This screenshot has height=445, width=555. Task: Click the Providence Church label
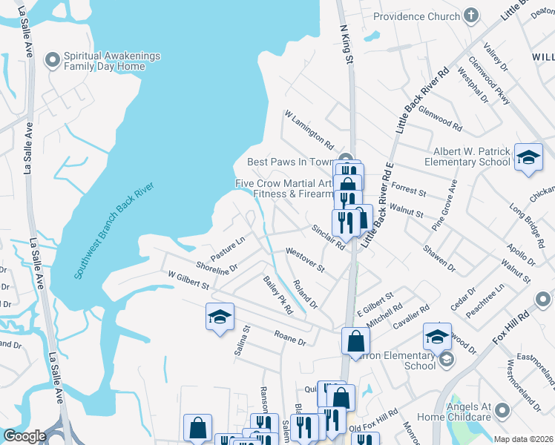pyautogui.click(x=416, y=16)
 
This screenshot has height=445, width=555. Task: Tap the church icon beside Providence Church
pyautogui.click(x=470, y=16)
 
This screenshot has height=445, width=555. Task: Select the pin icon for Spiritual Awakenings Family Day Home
pyautogui.click(x=53, y=60)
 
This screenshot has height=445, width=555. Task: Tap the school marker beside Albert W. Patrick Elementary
pyautogui.click(x=528, y=157)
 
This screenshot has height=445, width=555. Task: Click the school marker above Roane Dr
pyautogui.click(x=219, y=317)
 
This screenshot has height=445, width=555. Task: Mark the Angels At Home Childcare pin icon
pyautogui.click(x=503, y=409)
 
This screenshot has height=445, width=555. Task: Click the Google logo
pyautogui.click(x=24, y=436)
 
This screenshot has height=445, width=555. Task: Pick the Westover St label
pyautogui.click(x=305, y=260)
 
